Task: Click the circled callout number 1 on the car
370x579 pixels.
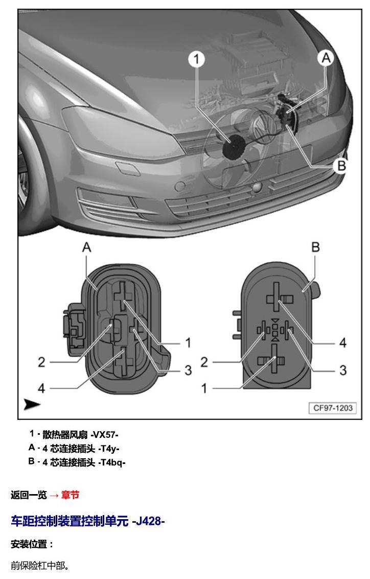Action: [x=197, y=59]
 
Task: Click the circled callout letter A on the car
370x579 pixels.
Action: [x=326, y=58]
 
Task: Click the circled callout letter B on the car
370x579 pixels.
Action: [x=341, y=166]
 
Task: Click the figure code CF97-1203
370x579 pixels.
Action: [x=333, y=408]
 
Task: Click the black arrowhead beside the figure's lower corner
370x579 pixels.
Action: [x=32, y=405]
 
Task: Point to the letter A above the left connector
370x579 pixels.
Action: [x=87, y=247]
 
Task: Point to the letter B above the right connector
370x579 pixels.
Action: [x=315, y=247]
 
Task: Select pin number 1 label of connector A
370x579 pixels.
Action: [x=188, y=343]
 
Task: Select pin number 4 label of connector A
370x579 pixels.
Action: [x=41, y=388]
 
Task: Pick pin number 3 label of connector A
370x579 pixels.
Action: [x=188, y=370]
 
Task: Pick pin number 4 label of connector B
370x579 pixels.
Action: [x=343, y=343]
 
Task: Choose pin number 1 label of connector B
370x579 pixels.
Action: [x=204, y=388]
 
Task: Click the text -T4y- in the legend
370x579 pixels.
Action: [x=109, y=449]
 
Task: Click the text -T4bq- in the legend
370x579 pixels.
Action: [x=112, y=462]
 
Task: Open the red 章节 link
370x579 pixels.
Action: [x=70, y=495]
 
